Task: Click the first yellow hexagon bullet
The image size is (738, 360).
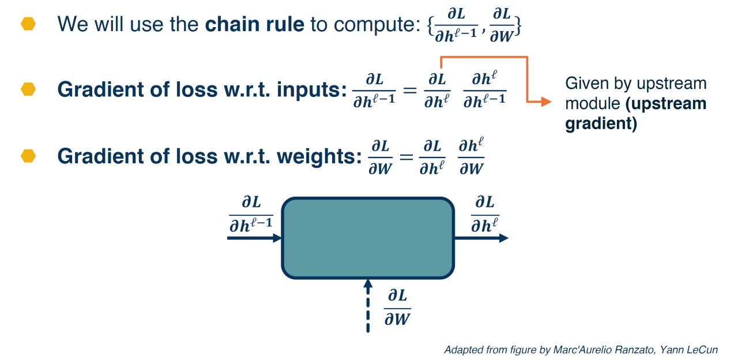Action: [28, 24]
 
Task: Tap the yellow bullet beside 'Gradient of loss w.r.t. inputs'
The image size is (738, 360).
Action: [28, 89]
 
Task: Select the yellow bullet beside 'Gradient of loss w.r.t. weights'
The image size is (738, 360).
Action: [28, 156]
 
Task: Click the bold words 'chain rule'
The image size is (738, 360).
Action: [255, 24]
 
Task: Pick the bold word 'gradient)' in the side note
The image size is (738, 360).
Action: [601, 124]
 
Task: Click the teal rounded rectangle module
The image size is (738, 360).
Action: [367, 238]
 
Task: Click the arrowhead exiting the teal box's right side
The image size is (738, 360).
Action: [503, 238]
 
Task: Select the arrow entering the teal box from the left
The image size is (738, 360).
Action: [254, 238]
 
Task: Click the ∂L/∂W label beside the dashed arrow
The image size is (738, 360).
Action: [397, 307]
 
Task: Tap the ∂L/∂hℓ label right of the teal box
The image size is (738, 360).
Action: [485, 213]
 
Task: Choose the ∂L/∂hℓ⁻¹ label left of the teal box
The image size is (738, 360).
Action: [251, 213]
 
